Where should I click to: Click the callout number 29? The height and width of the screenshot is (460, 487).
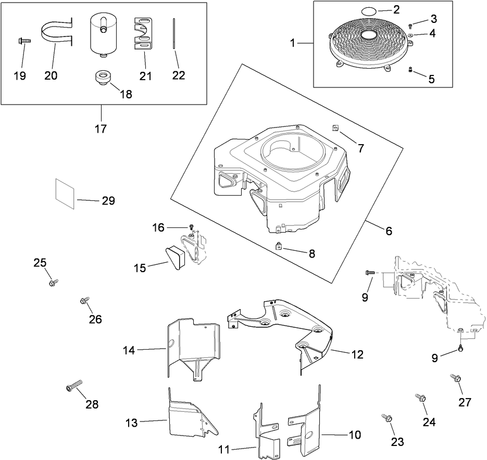coord(108,201)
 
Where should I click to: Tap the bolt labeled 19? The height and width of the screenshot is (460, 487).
coord(24,41)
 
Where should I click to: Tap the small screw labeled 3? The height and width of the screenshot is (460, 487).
coord(411,25)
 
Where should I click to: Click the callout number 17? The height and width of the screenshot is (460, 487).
coord(101,129)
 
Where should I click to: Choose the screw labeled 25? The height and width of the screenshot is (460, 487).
coord(53,282)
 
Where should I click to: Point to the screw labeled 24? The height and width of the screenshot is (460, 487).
coord(420,398)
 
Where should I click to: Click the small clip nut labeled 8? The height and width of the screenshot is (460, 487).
coord(279,247)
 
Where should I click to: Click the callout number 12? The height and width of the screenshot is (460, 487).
coord(357,354)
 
